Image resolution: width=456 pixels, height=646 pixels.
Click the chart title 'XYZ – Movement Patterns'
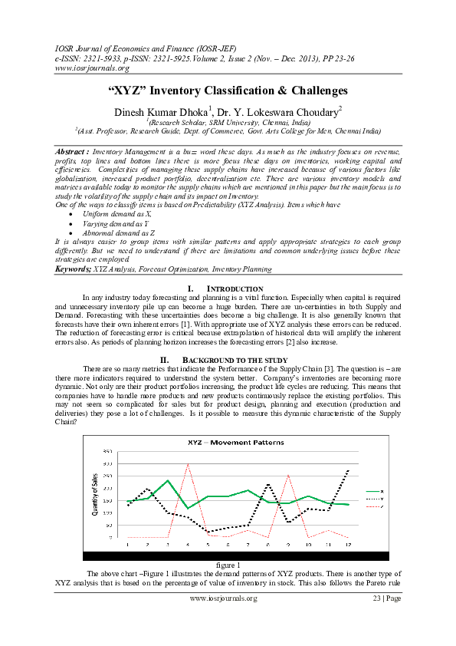coord(228,443)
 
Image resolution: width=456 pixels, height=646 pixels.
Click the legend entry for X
coord(376,491)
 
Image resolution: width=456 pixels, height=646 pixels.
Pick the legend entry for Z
coord(376,506)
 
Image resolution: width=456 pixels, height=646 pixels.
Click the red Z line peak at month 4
coord(188,464)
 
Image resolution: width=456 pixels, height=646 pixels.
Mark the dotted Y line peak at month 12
coord(349,470)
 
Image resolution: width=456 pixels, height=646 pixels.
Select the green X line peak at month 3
coord(168,480)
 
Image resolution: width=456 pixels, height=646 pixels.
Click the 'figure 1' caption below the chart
coord(228,565)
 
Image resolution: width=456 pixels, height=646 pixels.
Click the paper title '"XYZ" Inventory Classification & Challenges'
coord(228,91)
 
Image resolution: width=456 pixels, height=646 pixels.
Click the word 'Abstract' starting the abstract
coord(71,153)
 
